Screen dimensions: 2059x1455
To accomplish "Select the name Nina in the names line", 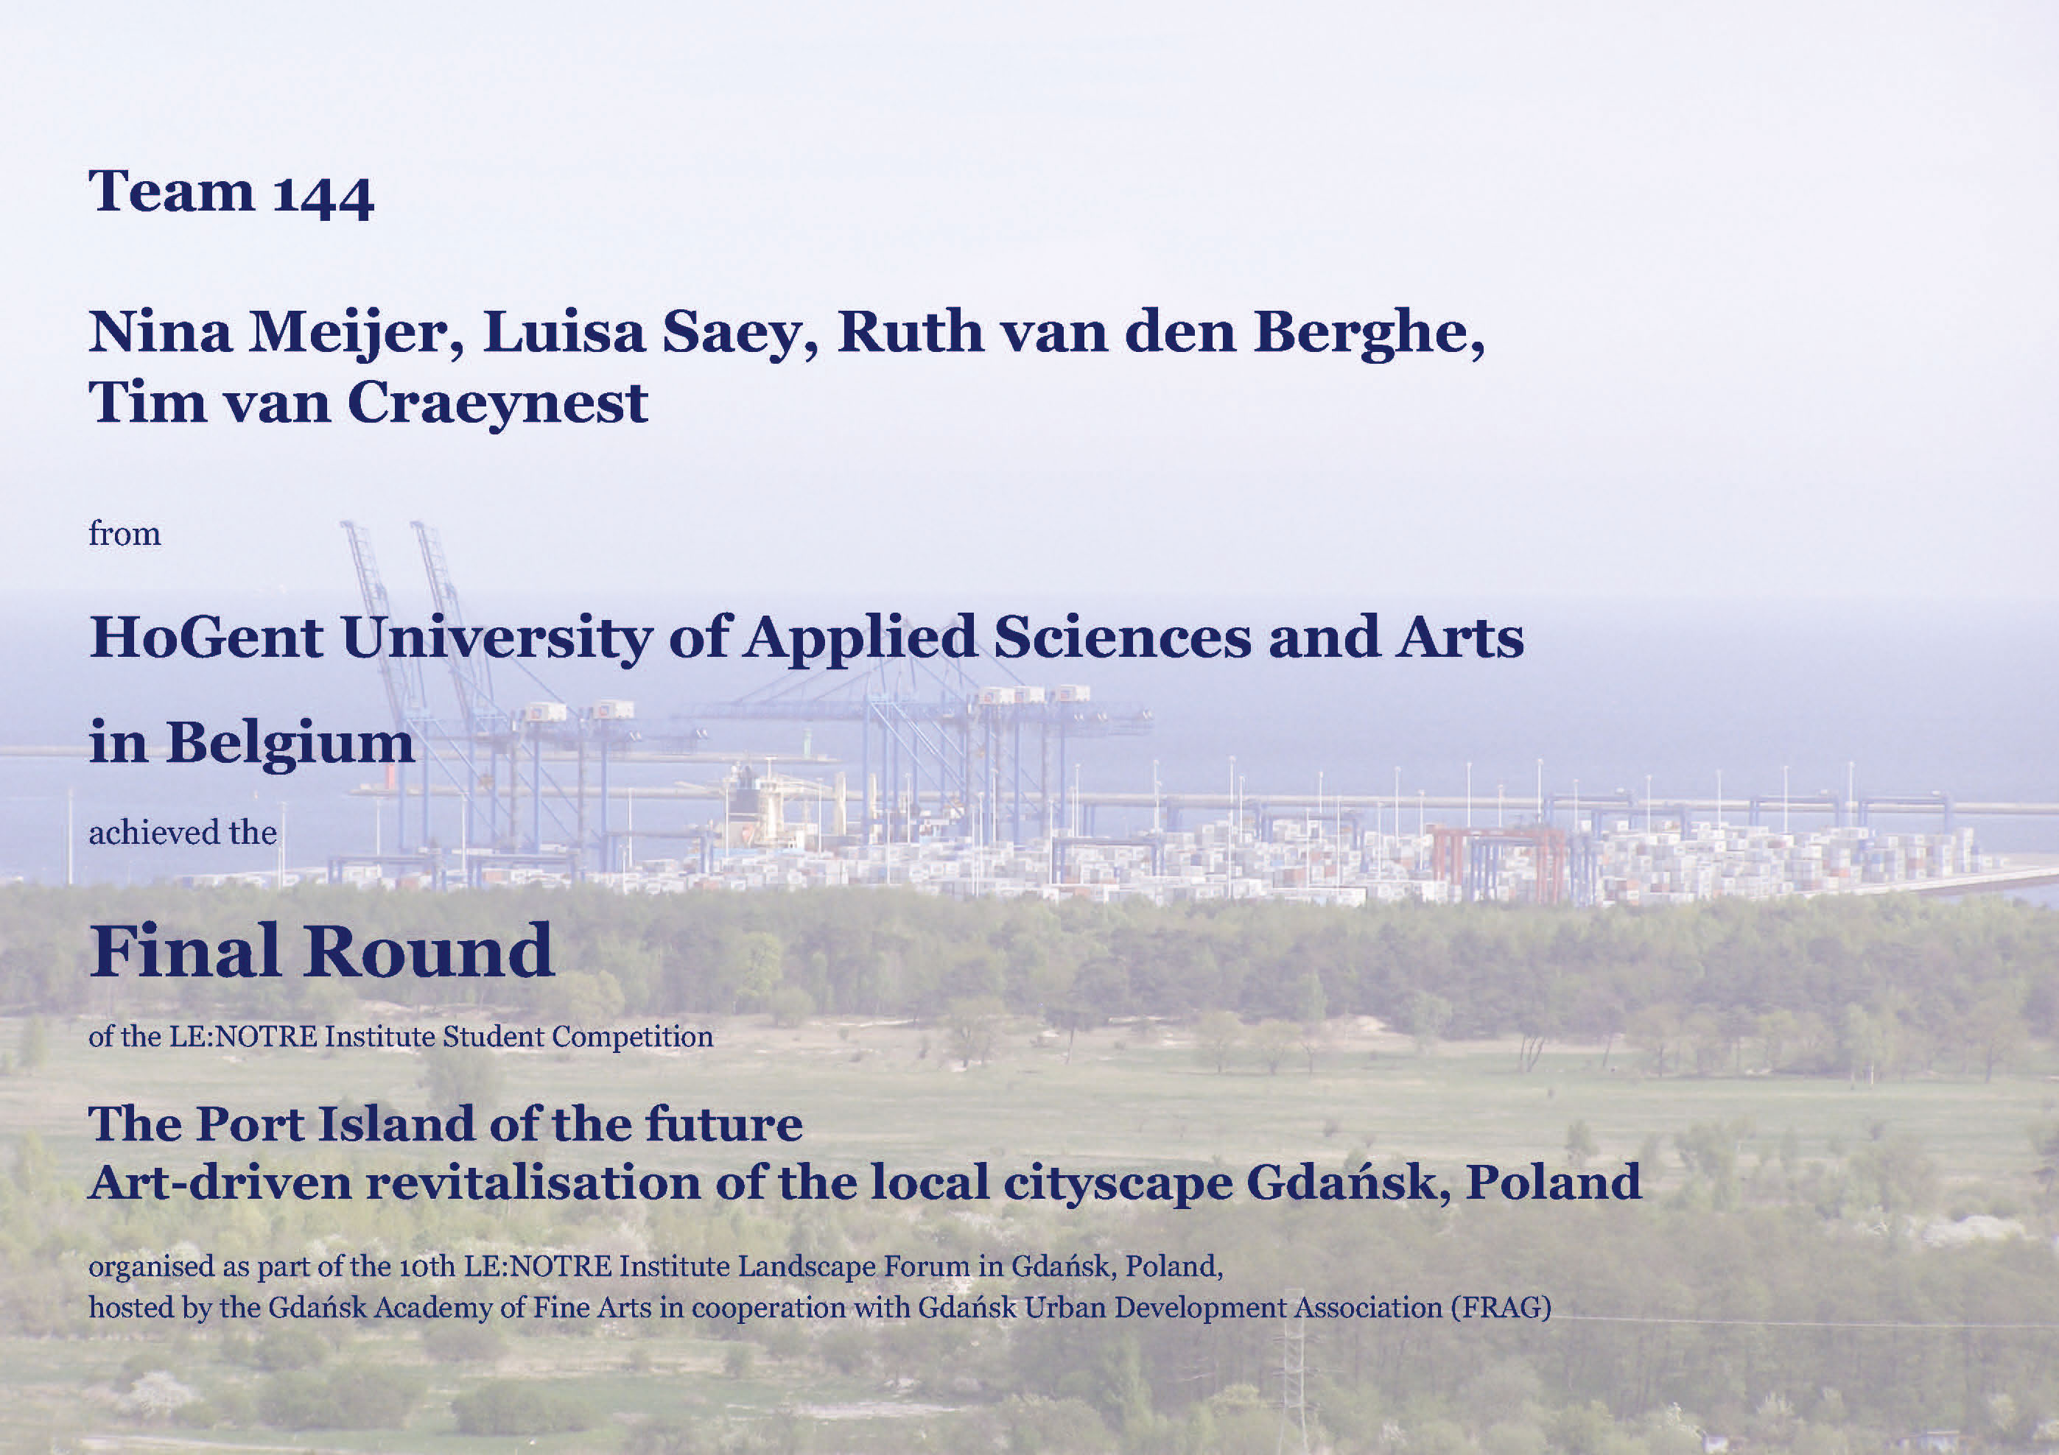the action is [x=158, y=331].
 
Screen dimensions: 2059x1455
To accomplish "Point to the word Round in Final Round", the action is [x=429, y=951].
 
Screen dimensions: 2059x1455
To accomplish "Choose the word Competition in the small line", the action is [x=632, y=1037].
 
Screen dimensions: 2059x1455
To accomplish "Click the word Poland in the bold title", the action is [x=1553, y=1183].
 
